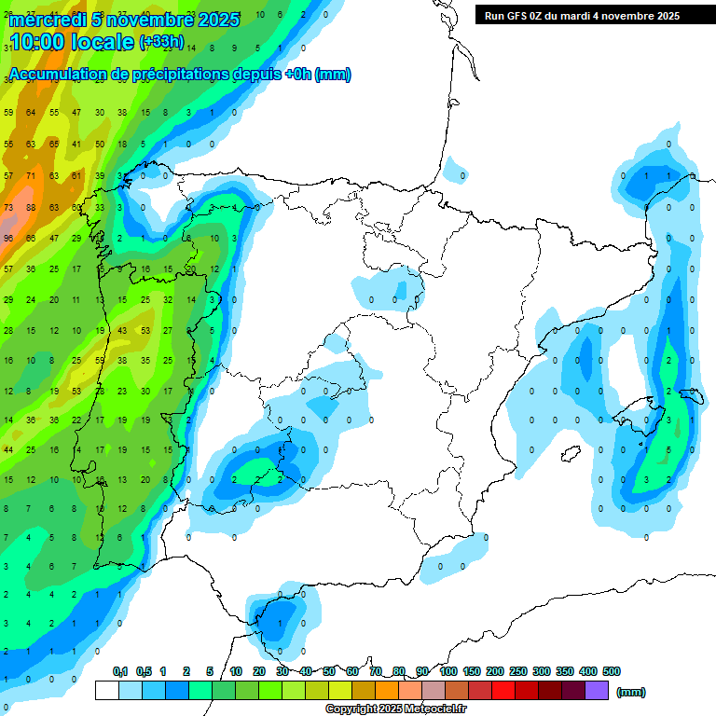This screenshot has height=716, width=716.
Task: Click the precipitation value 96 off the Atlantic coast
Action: (x=8, y=238)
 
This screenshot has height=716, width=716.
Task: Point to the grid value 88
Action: (x=31, y=207)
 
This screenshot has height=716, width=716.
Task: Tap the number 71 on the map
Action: (x=31, y=175)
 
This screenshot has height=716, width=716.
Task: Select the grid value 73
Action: (x=8, y=207)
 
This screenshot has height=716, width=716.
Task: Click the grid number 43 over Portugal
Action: (x=122, y=330)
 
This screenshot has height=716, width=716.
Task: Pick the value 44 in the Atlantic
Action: (x=8, y=450)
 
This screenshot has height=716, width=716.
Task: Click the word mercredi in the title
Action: (x=47, y=20)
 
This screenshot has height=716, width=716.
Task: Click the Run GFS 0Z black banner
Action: (x=582, y=16)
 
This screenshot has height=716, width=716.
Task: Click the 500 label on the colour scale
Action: (x=612, y=671)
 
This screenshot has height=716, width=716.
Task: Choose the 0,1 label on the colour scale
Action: (x=120, y=671)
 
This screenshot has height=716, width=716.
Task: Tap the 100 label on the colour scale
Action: (x=448, y=671)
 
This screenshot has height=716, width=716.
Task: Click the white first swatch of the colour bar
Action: (x=107, y=691)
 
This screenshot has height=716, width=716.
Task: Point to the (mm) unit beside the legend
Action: (x=631, y=692)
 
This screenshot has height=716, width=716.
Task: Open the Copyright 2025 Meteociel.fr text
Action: (x=394, y=709)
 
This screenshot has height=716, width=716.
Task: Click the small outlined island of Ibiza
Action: (x=565, y=453)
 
